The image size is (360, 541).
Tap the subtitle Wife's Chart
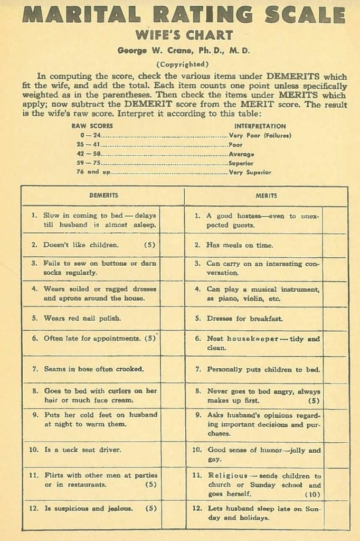[x=184, y=36]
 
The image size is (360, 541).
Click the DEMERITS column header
[x=103, y=195]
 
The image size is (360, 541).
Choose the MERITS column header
[x=266, y=195]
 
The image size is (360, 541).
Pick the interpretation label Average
[x=241, y=154]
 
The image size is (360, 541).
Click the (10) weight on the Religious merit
[x=312, y=494]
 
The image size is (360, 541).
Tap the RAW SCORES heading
[x=92, y=126]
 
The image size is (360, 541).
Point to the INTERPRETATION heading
[x=260, y=126]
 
